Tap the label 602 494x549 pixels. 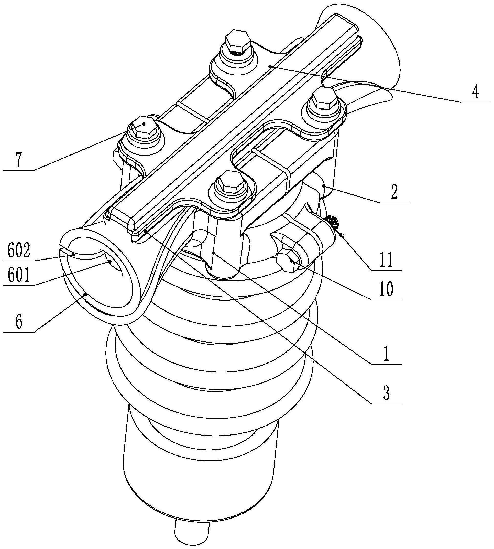(x=18, y=251)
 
